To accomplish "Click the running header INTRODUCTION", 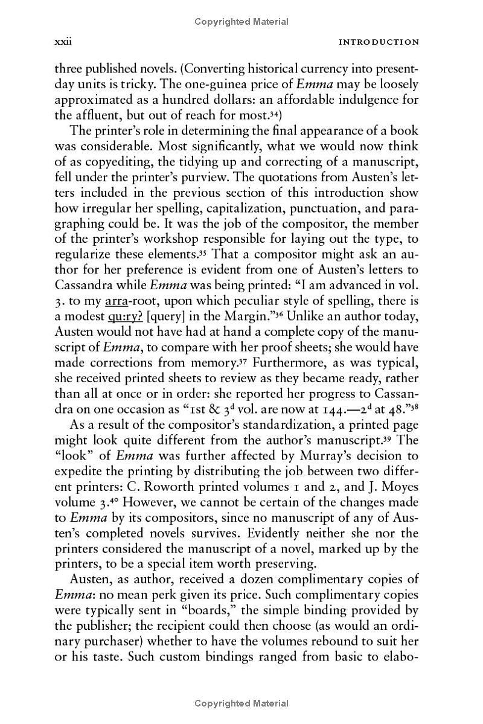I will pyautogui.click(x=379, y=42).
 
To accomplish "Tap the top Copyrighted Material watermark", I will pyautogui.click(x=241, y=22).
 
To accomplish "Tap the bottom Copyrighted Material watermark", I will pyautogui.click(x=241, y=703).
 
